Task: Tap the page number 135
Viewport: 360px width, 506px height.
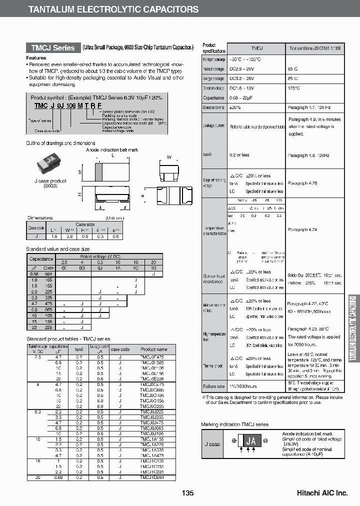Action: point(187,493)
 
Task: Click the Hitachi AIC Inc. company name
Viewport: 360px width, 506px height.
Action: point(322,493)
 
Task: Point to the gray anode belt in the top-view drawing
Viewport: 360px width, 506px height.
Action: point(98,172)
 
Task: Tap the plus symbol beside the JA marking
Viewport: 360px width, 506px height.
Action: point(234,441)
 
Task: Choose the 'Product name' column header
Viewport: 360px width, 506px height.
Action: point(154,349)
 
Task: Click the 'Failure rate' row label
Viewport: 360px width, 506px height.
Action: point(213,386)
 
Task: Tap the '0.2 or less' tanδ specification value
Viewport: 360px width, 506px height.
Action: point(239,155)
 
